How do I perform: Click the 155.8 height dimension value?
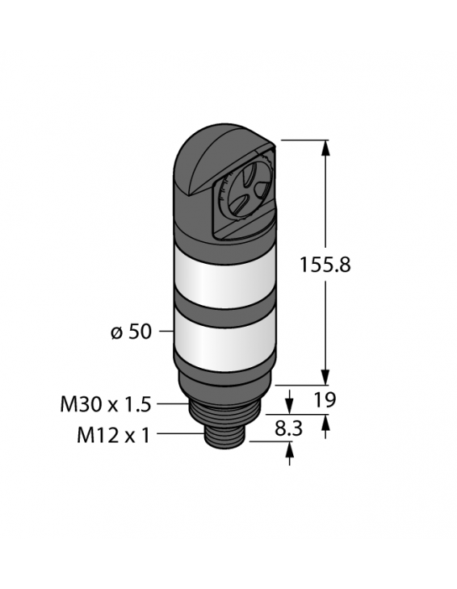[x=324, y=265]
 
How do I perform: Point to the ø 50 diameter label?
[x=129, y=332]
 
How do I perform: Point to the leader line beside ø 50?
[x=165, y=332]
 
